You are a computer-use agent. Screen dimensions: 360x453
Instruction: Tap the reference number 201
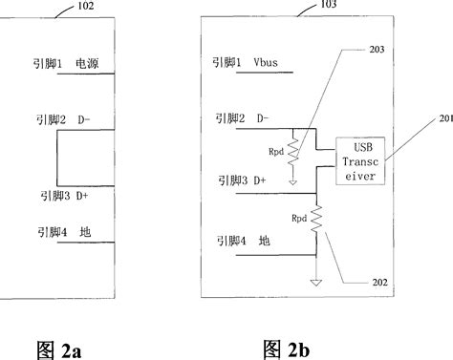[x=442, y=118]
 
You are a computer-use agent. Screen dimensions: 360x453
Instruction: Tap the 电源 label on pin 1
[x=100, y=66]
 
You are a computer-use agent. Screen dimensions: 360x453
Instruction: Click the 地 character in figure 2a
[x=87, y=230]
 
